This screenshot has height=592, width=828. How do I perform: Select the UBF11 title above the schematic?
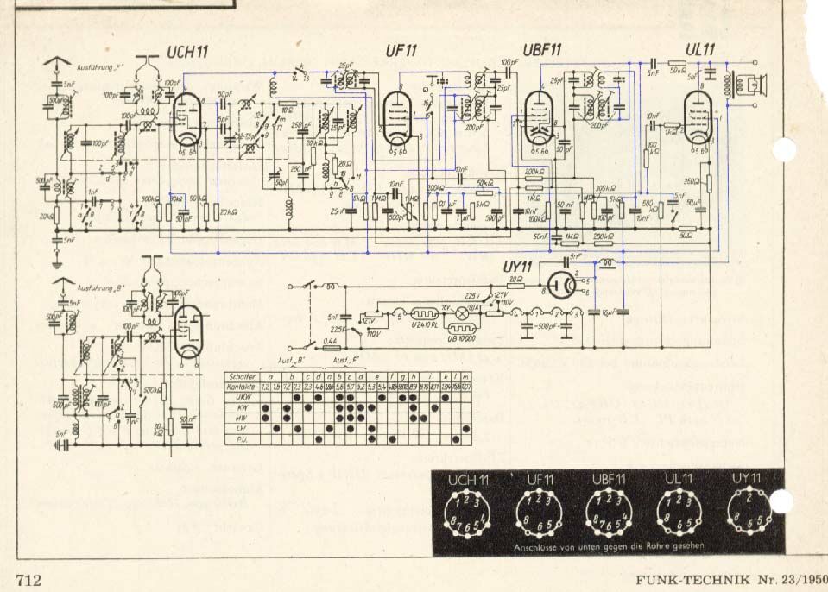point(543,49)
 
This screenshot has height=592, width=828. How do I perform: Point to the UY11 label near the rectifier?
point(518,267)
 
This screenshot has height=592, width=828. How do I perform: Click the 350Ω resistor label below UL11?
point(691,181)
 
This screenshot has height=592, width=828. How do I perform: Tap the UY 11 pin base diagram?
point(748,510)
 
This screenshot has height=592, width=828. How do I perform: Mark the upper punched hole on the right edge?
point(784,150)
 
